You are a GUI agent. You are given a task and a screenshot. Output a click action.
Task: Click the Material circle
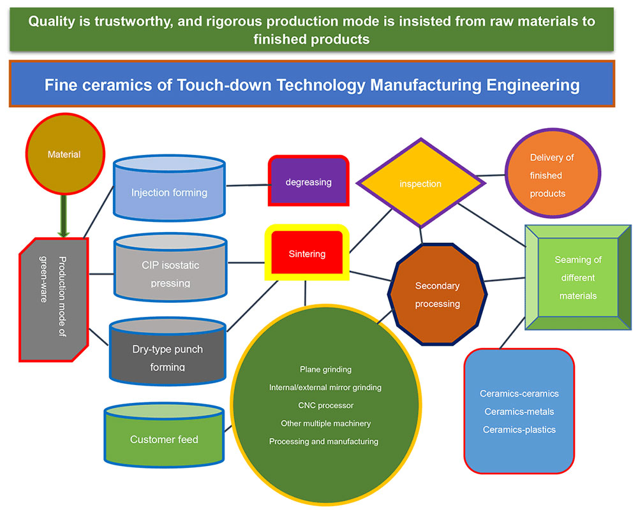[x=64, y=154]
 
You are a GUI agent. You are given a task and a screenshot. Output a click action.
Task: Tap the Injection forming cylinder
[x=169, y=192]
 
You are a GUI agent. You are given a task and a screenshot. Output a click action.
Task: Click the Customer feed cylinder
[x=164, y=439]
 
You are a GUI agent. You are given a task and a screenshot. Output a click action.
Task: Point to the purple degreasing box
[x=308, y=182]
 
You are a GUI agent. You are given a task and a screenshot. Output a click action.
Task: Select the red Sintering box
[x=307, y=254]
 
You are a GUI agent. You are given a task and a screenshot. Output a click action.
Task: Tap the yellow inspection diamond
[x=420, y=184]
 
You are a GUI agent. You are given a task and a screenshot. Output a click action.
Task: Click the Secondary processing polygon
[x=437, y=295]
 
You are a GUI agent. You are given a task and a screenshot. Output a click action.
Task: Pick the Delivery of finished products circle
[x=552, y=175]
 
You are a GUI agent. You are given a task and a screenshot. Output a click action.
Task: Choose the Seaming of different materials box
[x=578, y=277]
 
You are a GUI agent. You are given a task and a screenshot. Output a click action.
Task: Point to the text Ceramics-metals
[x=519, y=412]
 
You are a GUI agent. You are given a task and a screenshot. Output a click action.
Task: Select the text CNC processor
[x=325, y=405]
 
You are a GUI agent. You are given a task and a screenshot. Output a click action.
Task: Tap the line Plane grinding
[x=325, y=369]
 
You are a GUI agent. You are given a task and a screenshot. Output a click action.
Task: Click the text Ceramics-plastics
[x=519, y=430]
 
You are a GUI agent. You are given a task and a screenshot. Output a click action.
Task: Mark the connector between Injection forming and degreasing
[x=246, y=186]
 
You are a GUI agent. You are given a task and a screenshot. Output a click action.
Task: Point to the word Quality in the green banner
[x=52, y=21]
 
